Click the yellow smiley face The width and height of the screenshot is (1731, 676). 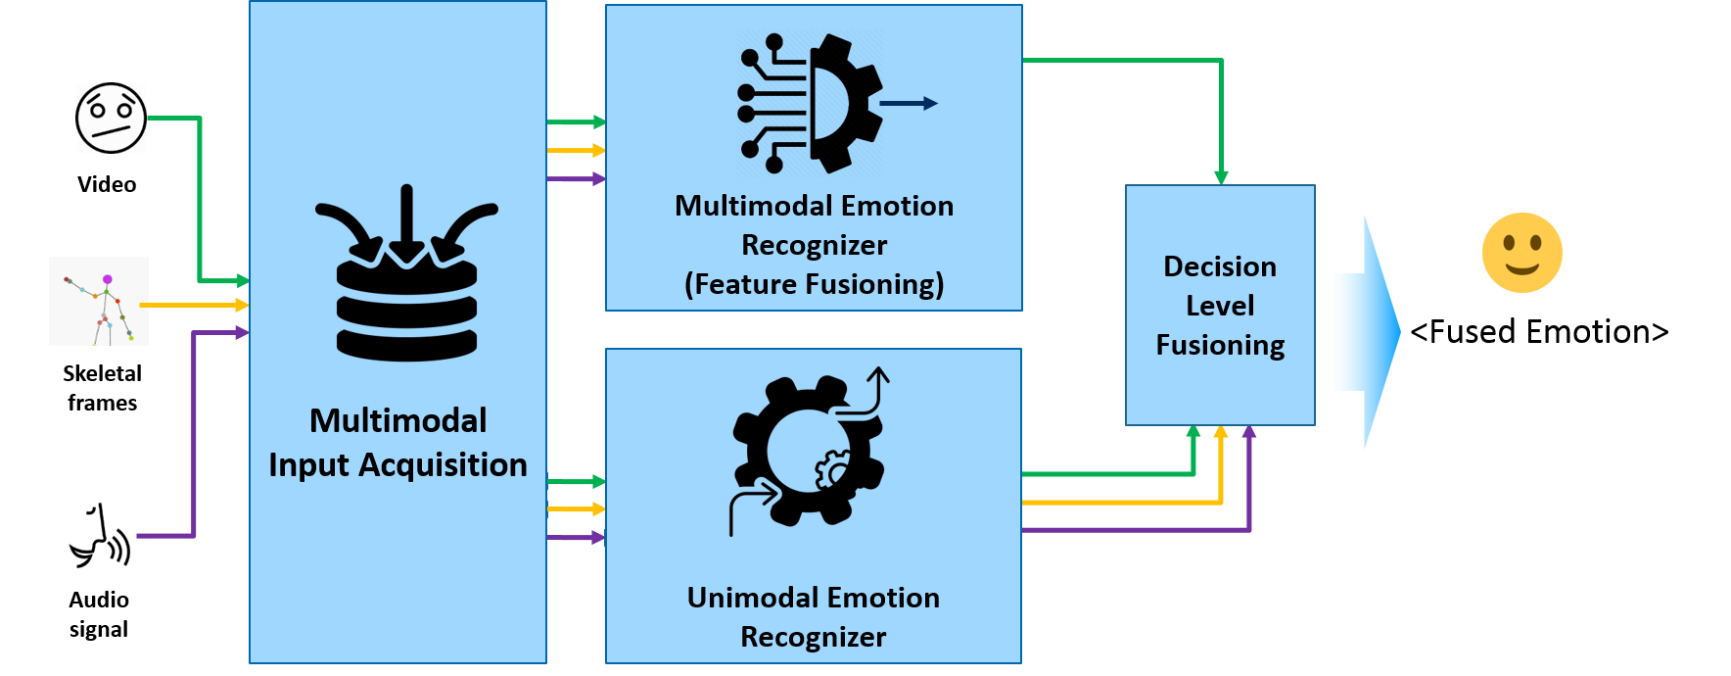[x=1521, y=253]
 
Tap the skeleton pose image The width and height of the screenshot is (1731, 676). [x=99, y=301]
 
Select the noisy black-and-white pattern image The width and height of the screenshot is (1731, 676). [x=112, y=118]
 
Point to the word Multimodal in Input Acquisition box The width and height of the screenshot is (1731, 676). [x=398, y=420]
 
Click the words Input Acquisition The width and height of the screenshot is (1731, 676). [x=398, y=464]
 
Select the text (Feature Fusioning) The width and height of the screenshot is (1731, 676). [x=814, y=284]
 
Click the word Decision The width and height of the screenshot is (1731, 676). [x=1220, y=266]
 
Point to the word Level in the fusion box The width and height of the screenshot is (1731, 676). [x=1220, y=306]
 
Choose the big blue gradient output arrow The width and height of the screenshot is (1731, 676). [x=1365, y=332]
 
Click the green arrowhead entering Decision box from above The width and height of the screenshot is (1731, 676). [x=1221, y=176]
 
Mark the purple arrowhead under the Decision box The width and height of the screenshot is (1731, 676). [x=1249, y=432]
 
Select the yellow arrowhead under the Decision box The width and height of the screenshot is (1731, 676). [x=1221, y=432]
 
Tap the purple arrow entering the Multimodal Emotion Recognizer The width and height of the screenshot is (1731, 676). [x=577, y=179]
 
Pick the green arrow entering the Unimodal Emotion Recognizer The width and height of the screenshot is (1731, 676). [x=577, y=482]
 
